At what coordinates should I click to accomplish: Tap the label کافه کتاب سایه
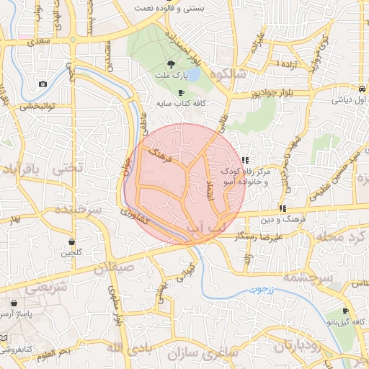pyautogui.click(x=182, y=104)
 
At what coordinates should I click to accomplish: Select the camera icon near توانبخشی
pyautogui.click(x=43, y=84)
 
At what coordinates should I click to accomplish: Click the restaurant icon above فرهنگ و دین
pyautogui.click(x=292, y=208)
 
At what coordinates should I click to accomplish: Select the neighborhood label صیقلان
pyautogui.click(x=112, y=266)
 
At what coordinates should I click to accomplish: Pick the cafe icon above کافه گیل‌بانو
pyautogui.click(x=346, y=311)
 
